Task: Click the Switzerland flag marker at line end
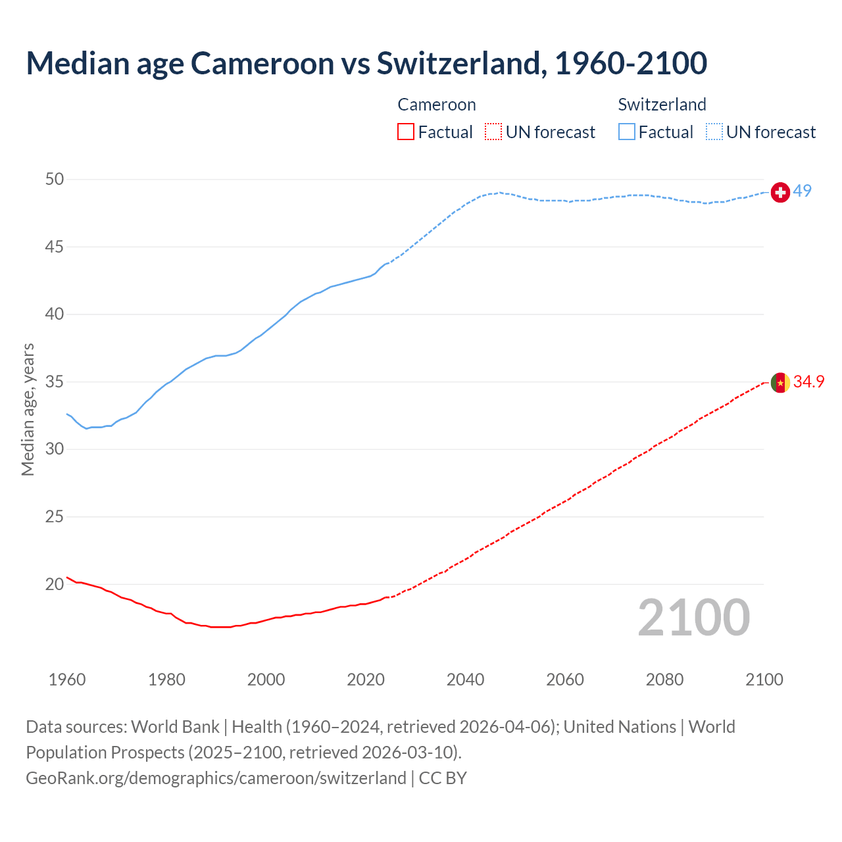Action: pyautogui.click(x=780, y=192)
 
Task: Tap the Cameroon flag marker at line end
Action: pyautogui.click(x=780, y=382)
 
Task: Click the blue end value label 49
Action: pyautogui.click(x=803, y=191)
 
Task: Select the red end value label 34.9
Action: pyautogui.click(x=809, y=382)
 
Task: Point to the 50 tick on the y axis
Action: pyautogui.click(x=55, y=179)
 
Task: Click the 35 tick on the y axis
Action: pyautogui.click(x=55, y=382)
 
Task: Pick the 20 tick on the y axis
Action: pyautogui.click(x=55, y=584)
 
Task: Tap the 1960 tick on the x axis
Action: pyautogui.click(x=67, y=680)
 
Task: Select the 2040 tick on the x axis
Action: pyautogui.click(x=466, y=680)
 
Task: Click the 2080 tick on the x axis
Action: pyautogui.click(x=665, y=680)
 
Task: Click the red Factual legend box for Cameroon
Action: pyautogui.click(x=406, y=132)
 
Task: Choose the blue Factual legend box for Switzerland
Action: pyautogui.click(x=626, y=132)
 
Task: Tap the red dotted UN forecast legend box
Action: pyautogui.click(x=493, y=132)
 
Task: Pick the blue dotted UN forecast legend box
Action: pyautogui.click(x=714, y=132)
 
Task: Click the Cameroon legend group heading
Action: pyautogui.click(x=437, y=105)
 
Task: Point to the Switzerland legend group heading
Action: pyautogui.click(x=662, y=105)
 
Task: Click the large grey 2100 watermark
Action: pyautogui.click(x=694, y=617)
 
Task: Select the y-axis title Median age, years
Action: pyautogui.click(x=28, y=409)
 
